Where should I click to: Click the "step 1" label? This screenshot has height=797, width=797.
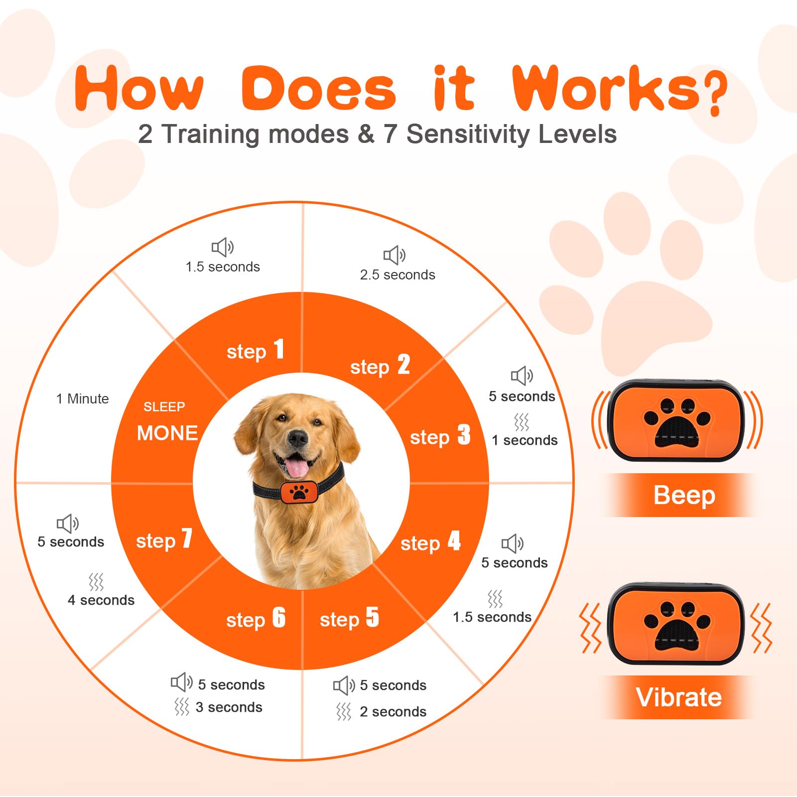point(256,350)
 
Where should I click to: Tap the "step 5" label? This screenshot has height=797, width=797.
point(349,618)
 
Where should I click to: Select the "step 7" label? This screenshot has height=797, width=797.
point(164,539)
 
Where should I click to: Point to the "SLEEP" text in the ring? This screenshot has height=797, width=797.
point(164,407)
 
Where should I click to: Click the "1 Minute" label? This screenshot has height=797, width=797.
point(82,398)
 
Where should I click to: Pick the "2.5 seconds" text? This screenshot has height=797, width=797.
point(398,275)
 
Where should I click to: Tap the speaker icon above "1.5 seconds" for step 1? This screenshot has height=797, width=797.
point(223,247)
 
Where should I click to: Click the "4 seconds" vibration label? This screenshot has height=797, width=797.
point(101,600)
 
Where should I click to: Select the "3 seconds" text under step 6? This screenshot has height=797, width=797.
point(229,707)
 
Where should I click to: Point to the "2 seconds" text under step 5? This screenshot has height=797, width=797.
point(393,712)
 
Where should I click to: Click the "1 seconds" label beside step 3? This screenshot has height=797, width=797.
point(525,440)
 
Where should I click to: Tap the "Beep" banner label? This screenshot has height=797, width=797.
point(684,495)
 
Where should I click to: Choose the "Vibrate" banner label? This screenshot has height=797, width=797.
point(678,697)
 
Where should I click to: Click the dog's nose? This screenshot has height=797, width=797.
point(298,438)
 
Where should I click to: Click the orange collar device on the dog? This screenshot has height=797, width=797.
point(298,492)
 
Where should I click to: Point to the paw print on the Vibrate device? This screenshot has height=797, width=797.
point(677,625)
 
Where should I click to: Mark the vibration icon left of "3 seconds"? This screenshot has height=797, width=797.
point(182,707)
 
